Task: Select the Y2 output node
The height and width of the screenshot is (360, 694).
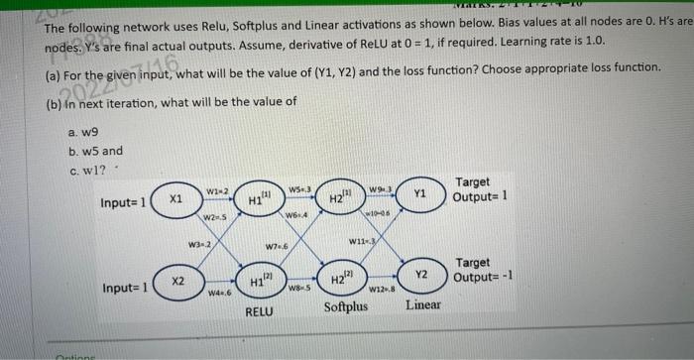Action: tap(420, 275)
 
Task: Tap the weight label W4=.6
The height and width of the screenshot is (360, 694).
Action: tap(219, 293)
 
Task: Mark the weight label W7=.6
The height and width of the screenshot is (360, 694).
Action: tap(277, 245)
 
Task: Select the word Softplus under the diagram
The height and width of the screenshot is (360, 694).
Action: tap(345, 306)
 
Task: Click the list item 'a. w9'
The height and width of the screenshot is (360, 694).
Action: tap(83, 131)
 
